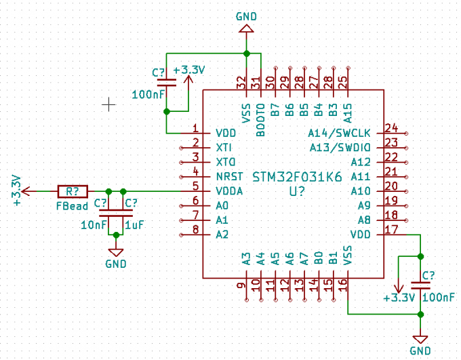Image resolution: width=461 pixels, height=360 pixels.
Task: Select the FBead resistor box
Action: coord(73,192)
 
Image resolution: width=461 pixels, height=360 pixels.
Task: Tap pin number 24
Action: coord(390,127)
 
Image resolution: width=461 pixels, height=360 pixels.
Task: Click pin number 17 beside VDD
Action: coord(390,229)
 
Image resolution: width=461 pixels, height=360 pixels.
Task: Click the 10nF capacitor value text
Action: coord(93,225)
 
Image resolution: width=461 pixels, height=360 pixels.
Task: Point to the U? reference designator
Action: coord(297,192)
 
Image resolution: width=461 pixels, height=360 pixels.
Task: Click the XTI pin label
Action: coord(223,147)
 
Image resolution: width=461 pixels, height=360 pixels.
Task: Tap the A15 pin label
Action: coord(348,111)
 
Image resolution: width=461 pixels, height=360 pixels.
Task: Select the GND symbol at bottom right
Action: coord(420,338)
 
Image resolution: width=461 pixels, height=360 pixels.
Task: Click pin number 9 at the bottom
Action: coord(241,286)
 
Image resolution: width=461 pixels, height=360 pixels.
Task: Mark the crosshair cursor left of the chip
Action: coord(108,104)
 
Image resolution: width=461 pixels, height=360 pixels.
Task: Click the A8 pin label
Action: coord(363,220)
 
